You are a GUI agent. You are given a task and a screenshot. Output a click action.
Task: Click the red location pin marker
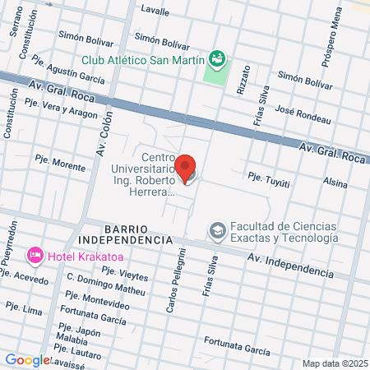(x=187, y=169)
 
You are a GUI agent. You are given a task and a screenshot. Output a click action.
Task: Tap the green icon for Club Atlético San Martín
(x=217, y=58)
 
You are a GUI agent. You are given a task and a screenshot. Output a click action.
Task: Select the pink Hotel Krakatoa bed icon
(x=35, y=257)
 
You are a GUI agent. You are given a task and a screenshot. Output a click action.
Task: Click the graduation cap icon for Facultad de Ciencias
(x=217, y=230)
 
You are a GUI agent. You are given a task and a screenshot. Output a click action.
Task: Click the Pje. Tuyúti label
(x=270, y=176)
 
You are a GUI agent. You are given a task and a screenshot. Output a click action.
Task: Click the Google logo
(x=28, y=359)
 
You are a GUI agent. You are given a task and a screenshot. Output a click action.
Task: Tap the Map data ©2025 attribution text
(x=334, y=363)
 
